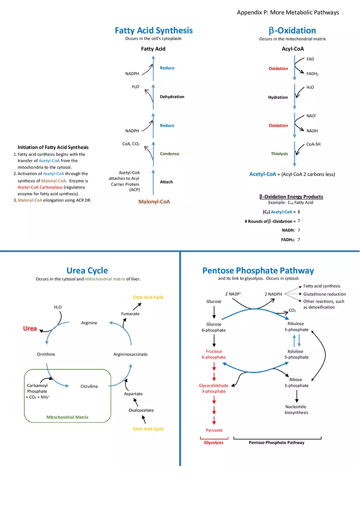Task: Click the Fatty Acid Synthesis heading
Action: coord(153,31)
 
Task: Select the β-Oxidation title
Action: coord(292,31)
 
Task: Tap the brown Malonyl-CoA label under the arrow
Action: coord(154,202)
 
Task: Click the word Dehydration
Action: coord(172,97)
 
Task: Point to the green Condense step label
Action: coord(169,154)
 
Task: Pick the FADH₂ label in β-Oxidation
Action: coord(312,74)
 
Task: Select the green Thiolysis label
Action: coord(279,154)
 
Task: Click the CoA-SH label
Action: coord(313,144)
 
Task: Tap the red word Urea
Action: coord(30,328)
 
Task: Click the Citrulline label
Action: coord(89,386)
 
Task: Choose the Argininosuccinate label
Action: coord(130,354)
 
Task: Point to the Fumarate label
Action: coord(130,314)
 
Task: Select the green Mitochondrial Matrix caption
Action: coord(67,417)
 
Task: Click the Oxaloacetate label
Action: coord(141,410)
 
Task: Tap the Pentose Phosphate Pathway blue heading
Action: coord(258,271)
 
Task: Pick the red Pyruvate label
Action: coord(214,430)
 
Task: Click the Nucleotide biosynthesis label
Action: coord(296,409)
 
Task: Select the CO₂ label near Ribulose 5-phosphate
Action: coord(292,310)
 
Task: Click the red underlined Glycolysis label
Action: coord(214,443)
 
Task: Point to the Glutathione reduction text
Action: coord(324,294)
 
